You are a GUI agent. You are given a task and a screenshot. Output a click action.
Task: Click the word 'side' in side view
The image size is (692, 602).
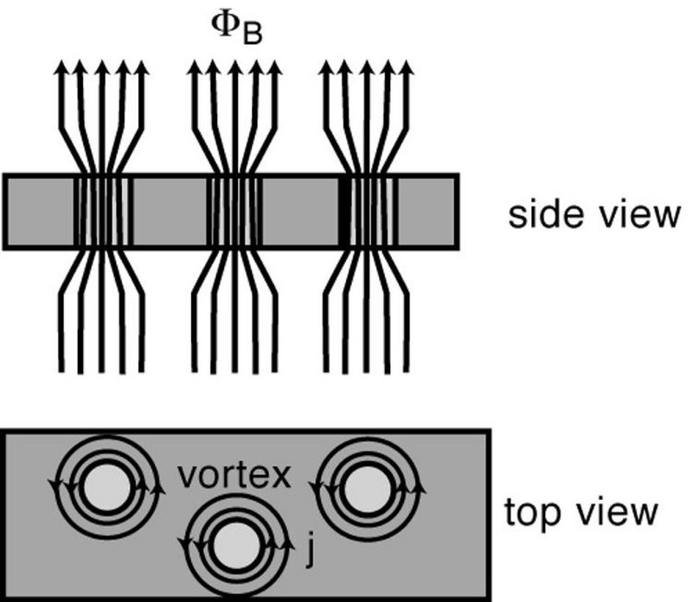[538, 215]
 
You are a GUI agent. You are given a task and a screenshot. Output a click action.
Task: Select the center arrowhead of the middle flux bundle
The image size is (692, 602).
[234, 67]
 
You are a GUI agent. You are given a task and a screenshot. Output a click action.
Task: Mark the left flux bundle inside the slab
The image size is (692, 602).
[102, 212]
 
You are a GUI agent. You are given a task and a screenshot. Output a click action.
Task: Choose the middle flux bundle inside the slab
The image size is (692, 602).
[234, 212]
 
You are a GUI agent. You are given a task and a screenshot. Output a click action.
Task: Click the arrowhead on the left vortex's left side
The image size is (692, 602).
[57, 487]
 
